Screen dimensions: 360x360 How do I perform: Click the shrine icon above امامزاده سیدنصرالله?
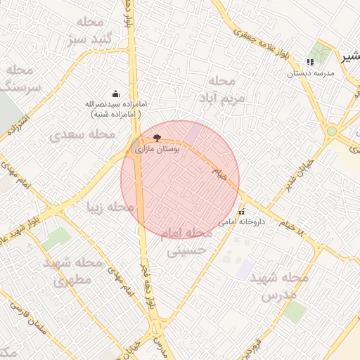pyautogui.click(x=115, y=94)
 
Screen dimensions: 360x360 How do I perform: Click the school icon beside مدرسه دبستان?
pyautogui.click(x=310, y=62)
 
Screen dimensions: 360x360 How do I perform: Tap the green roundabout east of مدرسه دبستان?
pyautogui.click(x=331, y=131)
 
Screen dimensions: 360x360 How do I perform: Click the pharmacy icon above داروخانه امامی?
pyautogui.click(x=241, y=211)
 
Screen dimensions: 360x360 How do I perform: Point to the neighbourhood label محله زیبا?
pyautogui.click(x=109, y=207)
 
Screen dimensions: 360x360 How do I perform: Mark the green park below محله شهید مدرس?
pyautogui.click(x=295, y=311)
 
